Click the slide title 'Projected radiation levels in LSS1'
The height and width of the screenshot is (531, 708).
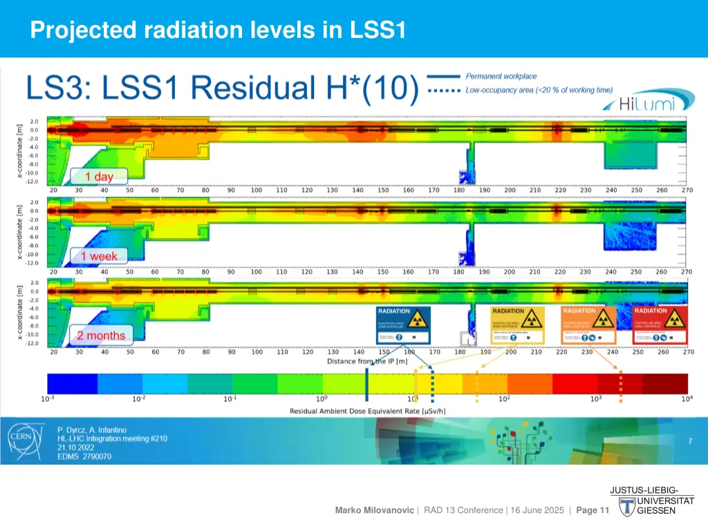click(x=218, y=30)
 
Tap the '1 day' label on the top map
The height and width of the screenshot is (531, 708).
click(x=99, y=176)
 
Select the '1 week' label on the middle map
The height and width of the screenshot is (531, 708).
click(x=99, y=257)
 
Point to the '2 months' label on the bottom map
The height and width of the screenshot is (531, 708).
click(x=101, y=336)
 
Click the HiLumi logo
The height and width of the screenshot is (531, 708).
click(x=646, y=103)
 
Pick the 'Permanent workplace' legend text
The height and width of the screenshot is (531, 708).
click(x=501, y=77)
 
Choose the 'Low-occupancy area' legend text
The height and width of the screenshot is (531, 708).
click(x=539, y=91)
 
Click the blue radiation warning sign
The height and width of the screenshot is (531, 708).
click(x=403, y=326)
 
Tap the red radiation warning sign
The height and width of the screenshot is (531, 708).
click(x=660, y=326)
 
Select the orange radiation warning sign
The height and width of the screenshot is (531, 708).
click(x=588, y=326)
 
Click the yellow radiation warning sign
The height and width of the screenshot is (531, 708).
click(x=518, y=326)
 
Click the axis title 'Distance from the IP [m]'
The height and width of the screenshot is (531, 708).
click(x=366, y=362)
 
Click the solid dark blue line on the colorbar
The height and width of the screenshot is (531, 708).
click(x=366, y=384)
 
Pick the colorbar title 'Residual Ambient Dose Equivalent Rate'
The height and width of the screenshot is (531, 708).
click(x=366, y=411)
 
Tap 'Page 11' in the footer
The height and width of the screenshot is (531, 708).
click(x=592, y=510)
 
